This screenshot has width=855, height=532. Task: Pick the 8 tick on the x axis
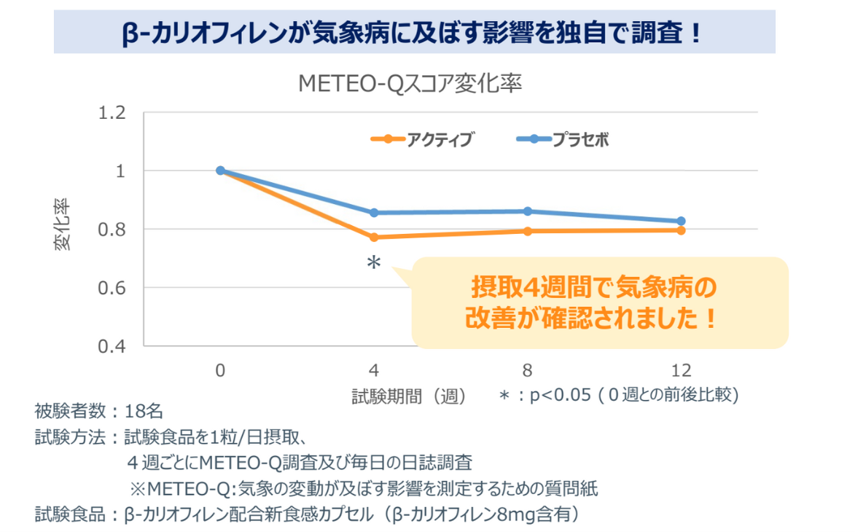click(x=528, y=369)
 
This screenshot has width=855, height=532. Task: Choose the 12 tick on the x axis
click(x=681, y=369)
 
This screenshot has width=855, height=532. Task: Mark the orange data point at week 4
click(x=374, y=237)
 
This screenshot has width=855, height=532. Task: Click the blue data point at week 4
click(x=374, y=213)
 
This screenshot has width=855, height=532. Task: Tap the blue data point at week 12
click(x=681, y=221)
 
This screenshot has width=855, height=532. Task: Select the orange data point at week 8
click(x=528, y=231)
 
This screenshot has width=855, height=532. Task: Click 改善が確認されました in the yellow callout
click(x=590, y=318)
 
